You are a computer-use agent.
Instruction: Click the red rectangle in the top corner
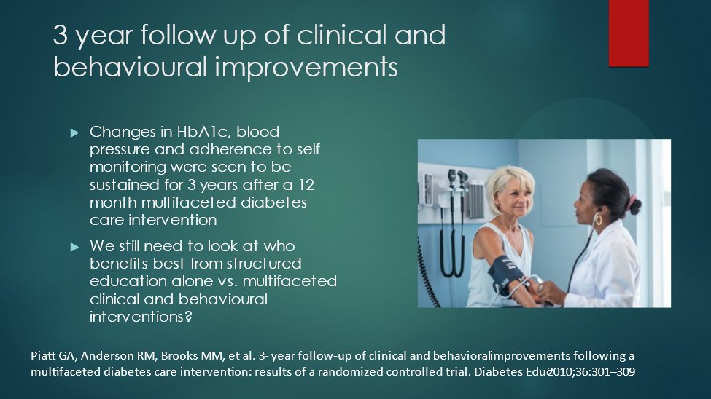tap(629, 33)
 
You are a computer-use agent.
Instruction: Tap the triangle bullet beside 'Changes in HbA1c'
tap(75, 133)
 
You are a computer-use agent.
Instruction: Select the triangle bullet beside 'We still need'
tap(75, 247)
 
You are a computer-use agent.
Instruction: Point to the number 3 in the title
tap(61, 36)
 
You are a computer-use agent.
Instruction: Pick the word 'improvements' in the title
tap(306, 67)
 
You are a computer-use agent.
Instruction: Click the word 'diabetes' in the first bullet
tap(273, 202)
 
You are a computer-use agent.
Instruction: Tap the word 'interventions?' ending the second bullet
tap(141, 316)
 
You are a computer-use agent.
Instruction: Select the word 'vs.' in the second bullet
tap(225, 281)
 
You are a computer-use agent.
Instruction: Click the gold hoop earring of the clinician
tap(599, 221)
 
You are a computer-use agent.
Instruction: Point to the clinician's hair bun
tap(634, 205)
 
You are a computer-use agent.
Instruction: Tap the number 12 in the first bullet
tap(306, 185)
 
